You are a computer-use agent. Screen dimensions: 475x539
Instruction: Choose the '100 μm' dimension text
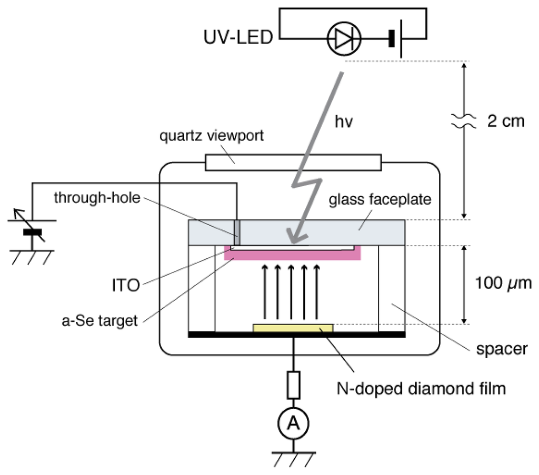point(503,284)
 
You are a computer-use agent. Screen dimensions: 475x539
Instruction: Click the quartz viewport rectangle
point(293,163)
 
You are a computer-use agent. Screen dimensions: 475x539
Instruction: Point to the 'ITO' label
point(126,285)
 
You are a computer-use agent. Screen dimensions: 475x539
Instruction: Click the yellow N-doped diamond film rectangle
point(293,328)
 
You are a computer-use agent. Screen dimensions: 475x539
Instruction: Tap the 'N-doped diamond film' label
point(420,389)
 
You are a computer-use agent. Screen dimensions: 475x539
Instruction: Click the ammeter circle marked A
point(293,423)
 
